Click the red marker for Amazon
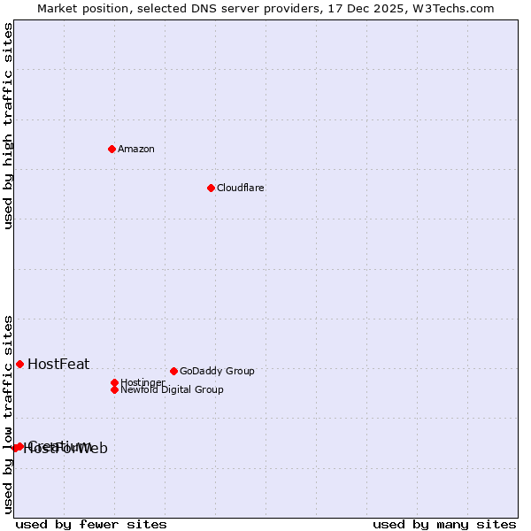[112, 149]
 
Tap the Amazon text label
[136, 149]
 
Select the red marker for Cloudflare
[211, 188]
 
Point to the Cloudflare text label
[241, 188]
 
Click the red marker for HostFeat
[19, 364]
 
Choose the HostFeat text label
[58, 364]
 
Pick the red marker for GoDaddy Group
[173, 371]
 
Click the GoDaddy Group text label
[217, 371]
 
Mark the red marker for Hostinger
[114, 382]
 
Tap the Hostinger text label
[142, 382]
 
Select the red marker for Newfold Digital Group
[114, 389]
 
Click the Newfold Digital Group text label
[173, 389]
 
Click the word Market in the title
[58, 8]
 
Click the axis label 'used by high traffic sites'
[9, 126]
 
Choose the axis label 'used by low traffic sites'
[9, 414]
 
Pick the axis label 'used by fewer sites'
[91, 524]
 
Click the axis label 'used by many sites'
[444, 524]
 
